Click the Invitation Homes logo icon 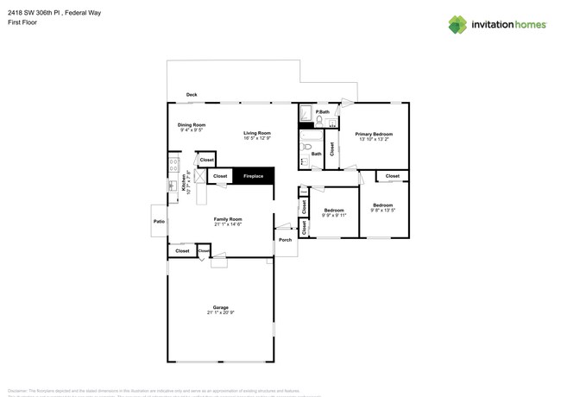click(457, 24)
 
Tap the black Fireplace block click(253, 176)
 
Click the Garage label click(221, 308)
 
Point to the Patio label click(159, 222)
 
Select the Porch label click(285, 240)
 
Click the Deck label click(192, 95)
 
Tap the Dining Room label click(192, 125)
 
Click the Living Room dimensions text click(257, 138)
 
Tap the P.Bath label click(323, 112)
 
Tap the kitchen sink click(173, 185)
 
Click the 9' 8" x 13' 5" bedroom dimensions click(382, 210)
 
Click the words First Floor click(22, 22)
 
